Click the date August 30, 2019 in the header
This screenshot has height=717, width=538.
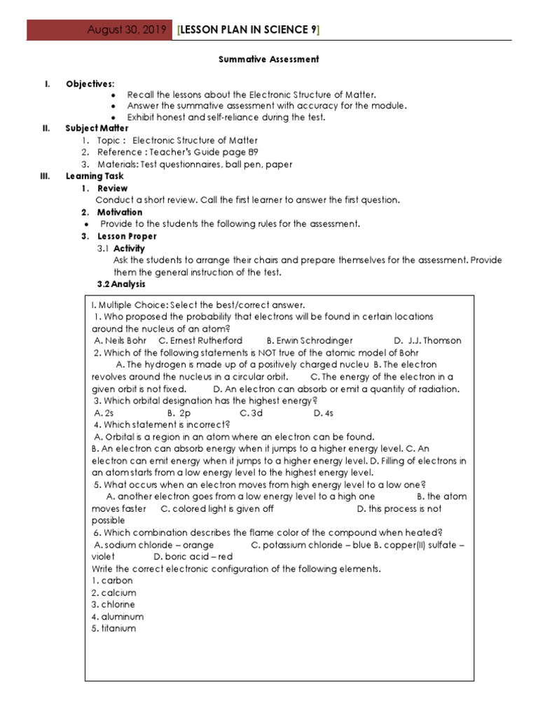[127, 30]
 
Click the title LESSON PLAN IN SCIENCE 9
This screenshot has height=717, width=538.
[249, 29]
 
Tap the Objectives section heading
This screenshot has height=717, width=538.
[90, 84]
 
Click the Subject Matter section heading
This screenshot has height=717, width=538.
[97, 128]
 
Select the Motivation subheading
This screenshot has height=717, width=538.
[120, 212]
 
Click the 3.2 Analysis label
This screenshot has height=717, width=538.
[121, 284]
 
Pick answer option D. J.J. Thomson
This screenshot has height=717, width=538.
[427, 341]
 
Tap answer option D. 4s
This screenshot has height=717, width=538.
[323, 413]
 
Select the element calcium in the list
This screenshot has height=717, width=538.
[118, 593]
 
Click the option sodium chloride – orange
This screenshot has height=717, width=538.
[153, 545]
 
